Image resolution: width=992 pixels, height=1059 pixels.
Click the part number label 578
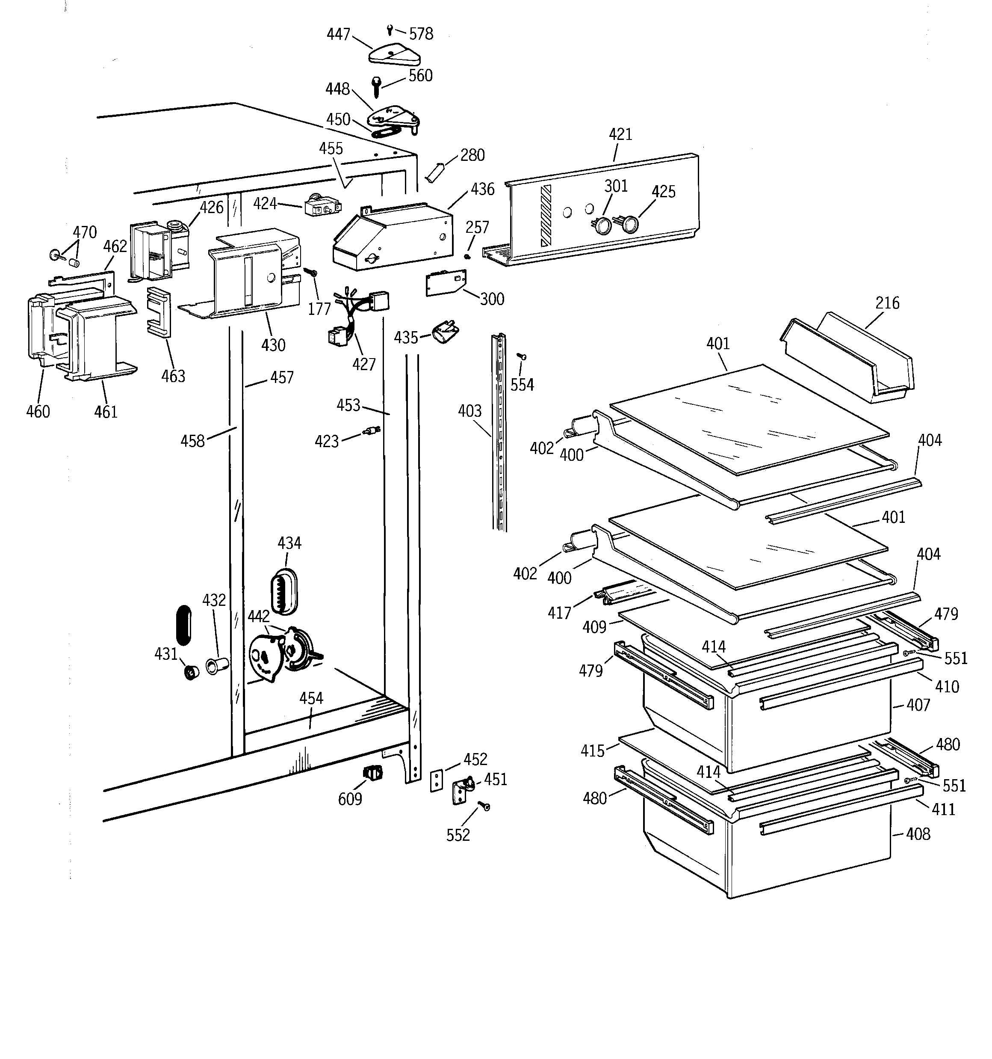pyautogui.click(x=421, y=34)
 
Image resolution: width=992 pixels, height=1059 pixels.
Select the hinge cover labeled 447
pyautogui.click(x=395, y=55)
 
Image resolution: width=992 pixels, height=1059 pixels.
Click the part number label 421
pyautogui.click(x=620, y=134)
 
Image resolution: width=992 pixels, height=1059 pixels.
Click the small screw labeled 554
pyautogui.click(x=522, y=356)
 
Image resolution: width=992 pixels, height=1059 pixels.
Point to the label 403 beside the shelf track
pyautogui.click(x=469, y=411)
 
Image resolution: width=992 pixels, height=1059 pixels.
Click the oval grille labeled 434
pyautogui.click(x=284, y=591)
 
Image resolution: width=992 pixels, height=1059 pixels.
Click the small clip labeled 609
pyautogui.click(x=373, y=771)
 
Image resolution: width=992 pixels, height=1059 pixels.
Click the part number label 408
pyautogui.click(x=918, y=834)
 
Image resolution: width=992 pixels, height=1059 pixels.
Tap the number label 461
pyautogui.click(x=106, y=411)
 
